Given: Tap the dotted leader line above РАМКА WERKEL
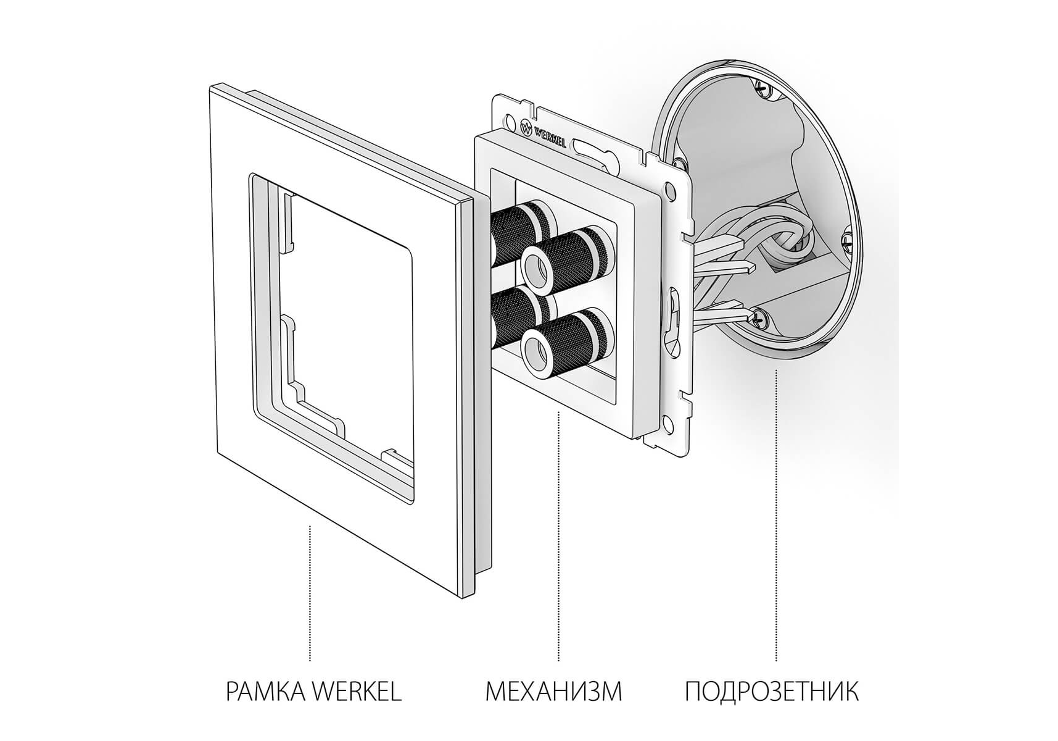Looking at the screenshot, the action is (310, 593).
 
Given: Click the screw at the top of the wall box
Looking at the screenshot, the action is (763, 89).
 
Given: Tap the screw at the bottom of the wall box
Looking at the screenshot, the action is (759, 318).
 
